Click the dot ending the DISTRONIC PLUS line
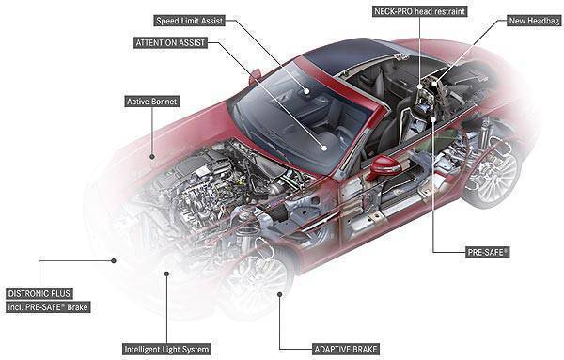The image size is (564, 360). (x=115, y=259)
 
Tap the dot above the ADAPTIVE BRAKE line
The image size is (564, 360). (x=281, y=294)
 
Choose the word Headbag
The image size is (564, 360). (x=536, y=19)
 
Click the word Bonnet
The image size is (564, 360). (x=165, y=100)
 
